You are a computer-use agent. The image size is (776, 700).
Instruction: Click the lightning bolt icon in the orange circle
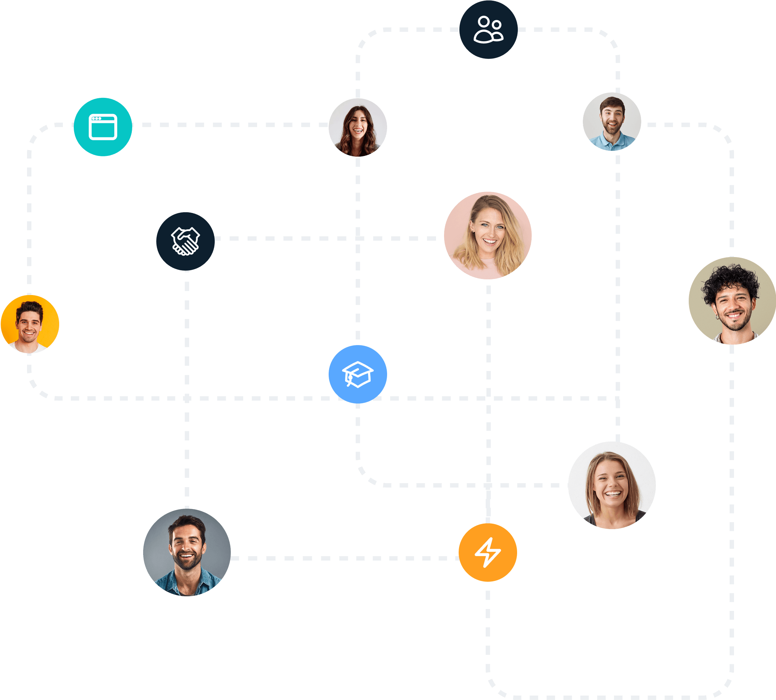click(x=488, y=552)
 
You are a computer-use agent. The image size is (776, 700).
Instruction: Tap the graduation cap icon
click(x=358, y=374)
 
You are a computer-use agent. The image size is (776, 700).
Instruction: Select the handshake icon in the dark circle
click(x=186, y=241)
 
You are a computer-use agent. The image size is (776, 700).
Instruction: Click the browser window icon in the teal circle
click(x=103, y=127)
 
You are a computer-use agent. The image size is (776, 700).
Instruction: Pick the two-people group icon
click(x=488, y=30)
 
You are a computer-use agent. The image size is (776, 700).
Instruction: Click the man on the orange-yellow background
click(x=30, y=324)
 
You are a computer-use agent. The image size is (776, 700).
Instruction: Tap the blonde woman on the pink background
click(x=488, y=236)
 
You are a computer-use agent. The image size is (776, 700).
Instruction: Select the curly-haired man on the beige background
click(x=732, y=301)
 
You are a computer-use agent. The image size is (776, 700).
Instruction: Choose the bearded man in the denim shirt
click(x=187, y=552)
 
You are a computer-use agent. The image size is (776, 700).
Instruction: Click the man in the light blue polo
click(x=612, y=122)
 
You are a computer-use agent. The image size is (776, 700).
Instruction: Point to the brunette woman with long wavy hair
click(x=358, y=127)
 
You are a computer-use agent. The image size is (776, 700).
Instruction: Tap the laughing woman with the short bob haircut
click(x=612, y=485)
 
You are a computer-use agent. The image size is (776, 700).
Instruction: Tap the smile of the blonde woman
click(x=489, y=241)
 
